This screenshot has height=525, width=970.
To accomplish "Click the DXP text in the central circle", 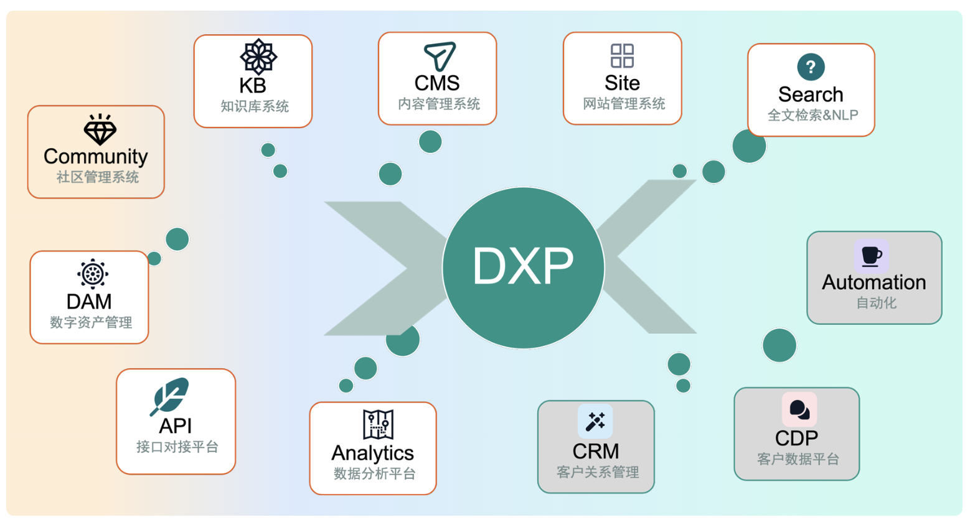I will tap(523, 266).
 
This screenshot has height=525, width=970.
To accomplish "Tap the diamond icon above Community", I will tap(100, 129).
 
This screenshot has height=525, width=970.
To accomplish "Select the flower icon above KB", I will tap(258, 57).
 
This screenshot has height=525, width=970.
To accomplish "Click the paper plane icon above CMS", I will tap(440, 56).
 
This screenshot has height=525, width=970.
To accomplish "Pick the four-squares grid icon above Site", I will tap(622, 56).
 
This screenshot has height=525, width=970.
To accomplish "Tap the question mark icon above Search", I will tap(811, 67).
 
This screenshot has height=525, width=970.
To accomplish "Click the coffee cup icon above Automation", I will tap(871, 256).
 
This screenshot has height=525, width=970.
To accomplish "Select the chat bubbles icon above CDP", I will tap(799, 409).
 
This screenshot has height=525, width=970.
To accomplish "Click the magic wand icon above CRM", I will tap(595, 421).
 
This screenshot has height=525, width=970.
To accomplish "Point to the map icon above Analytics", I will tap(378, 424).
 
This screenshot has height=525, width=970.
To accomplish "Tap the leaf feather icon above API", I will tap(169, 396).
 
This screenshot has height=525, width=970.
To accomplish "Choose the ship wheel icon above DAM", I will tap(93, 274).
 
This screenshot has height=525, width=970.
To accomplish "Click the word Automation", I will tap(873, 282).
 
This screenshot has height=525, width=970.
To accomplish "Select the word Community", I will tap(96, 156).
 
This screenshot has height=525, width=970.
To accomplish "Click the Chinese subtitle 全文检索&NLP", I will tap(812, 115).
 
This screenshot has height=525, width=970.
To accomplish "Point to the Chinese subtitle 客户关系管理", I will tap(598, 472).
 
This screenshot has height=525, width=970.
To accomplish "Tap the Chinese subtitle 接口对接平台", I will tap(177, 447).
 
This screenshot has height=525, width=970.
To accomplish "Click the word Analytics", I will tap(372, 453).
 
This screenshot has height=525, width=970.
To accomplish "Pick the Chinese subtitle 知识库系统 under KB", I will tap(255, 106).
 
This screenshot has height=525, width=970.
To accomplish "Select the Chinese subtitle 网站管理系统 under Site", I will tap(624, 104).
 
